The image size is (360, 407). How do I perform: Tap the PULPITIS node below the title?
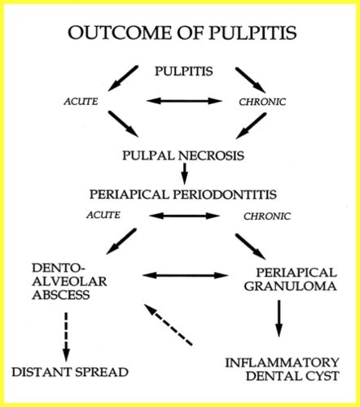[x=184, y=72]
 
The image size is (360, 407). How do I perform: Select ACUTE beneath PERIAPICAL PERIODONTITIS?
[x=103, y=215]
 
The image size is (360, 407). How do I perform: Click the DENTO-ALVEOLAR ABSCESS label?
[x=64, y=282]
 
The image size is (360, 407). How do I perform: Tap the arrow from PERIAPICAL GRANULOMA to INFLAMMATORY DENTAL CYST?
[x=279, y=318]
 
